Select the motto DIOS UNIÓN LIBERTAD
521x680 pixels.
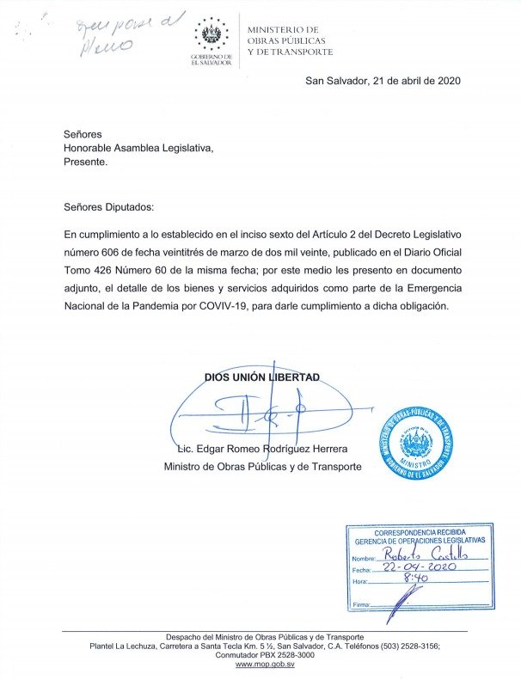(x=261, y=377)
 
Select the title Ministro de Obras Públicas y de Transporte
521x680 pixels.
(x=263, y=467)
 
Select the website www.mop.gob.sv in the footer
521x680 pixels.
(x=265, y=665)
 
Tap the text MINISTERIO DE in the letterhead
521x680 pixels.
(x=282, y=30)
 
